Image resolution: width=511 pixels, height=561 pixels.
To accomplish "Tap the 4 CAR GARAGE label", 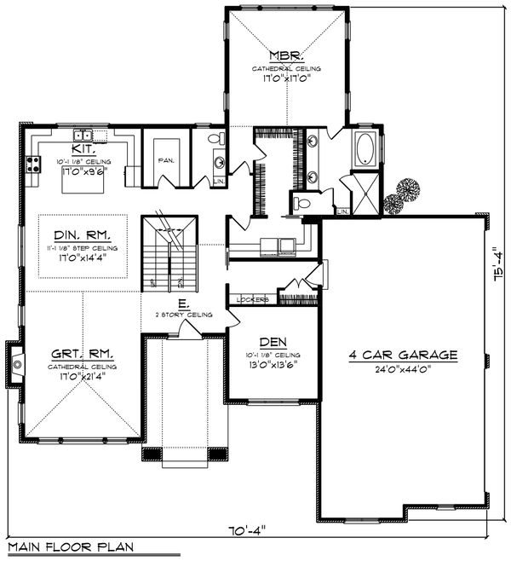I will click(x=404, y=355).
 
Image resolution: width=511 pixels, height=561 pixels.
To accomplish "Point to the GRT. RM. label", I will click(x=83, y=352).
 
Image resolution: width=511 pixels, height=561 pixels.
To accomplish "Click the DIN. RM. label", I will click(x=83, y=234).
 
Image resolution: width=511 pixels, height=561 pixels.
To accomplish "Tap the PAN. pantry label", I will click(x=166, y=159).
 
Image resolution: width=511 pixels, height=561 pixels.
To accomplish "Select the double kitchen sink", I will click(x=83, y=135).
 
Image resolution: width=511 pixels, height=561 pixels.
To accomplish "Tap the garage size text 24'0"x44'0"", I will click(x=404, y=369).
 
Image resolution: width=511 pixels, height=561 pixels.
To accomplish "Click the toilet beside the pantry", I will click(x=215, y=138).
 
